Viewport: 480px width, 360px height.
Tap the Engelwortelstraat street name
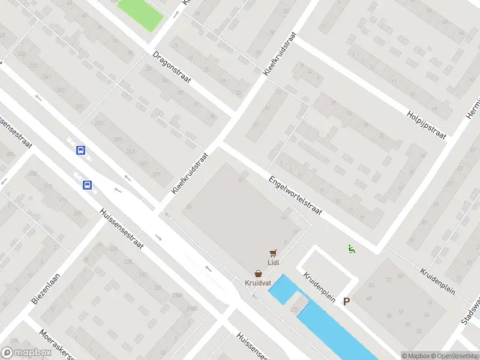click(296, 196)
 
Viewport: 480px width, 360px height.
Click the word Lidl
click(273, 262)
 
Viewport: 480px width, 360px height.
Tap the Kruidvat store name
click(257, 283)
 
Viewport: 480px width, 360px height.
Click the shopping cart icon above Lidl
click(273, 253)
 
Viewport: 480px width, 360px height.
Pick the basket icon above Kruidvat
click(257, 273)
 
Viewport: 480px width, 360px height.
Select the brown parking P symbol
click(346, 301)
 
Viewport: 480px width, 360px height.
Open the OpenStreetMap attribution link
click(454, 356)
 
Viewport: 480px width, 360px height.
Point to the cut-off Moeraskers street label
click(57, 346)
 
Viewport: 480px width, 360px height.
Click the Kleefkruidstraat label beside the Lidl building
click(190, 172)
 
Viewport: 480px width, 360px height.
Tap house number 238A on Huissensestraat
click(176, 295)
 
